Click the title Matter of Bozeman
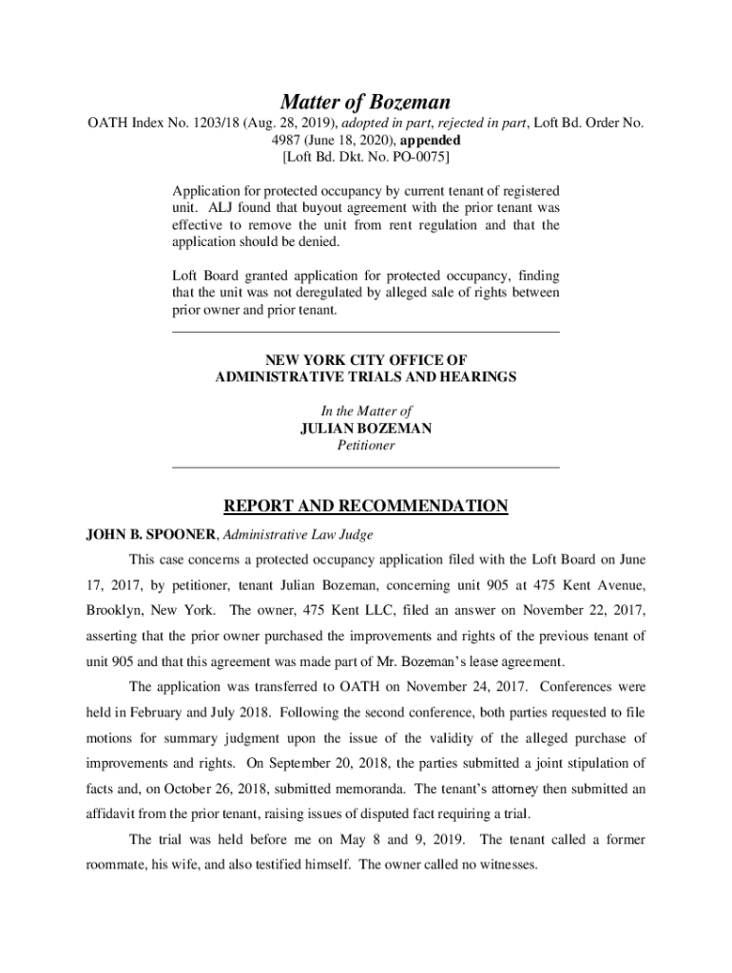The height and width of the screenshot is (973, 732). pyautogui.click(x=365, y=102)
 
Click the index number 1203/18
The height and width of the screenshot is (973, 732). pyautogui.click(x=221, y=124)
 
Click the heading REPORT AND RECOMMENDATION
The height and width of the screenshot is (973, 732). pyautogui.click(x=366, y=506)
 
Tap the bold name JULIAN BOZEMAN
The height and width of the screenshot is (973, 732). pyautogui.click(x=366, y=429)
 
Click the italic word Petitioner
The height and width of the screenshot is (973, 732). pyautogui.click(x=366, y=446)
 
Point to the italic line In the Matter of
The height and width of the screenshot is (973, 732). pyautogui.click(x=366, y=411)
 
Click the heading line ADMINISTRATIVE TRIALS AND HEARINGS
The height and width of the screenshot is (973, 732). pyautogui.click(x=366, y=377)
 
